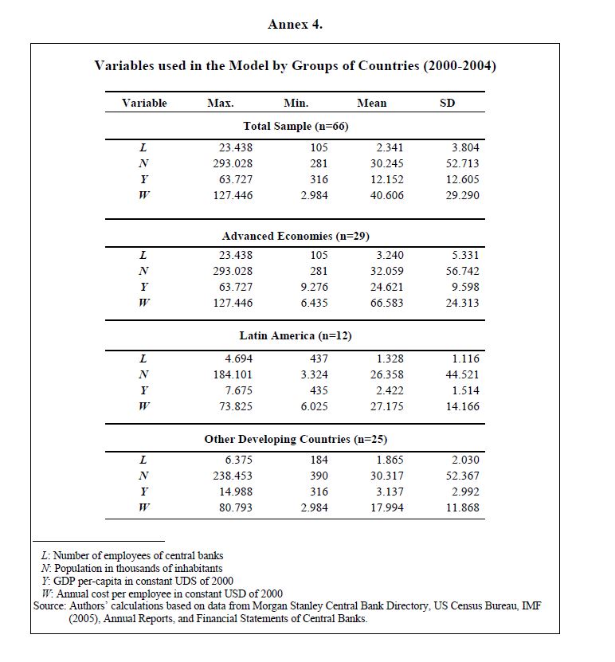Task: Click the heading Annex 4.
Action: click(x=295, y=25)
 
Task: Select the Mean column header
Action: click(x=372, y=104)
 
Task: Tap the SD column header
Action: click(x=448, y=104)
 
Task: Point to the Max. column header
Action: click(x=220, y=104)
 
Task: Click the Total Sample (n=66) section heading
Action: click(x=296, y=126)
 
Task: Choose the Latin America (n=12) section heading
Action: click(x=296, y=335)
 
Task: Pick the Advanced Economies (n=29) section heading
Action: click(x=296, y=236)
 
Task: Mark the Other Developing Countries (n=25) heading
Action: click(x=296, y=439)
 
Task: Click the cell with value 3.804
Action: click(x=465, y=147)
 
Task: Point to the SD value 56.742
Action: click(x=463, y=271)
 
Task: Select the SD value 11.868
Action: click(x=463, y=507)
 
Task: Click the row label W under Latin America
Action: click(x=144, y=406)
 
